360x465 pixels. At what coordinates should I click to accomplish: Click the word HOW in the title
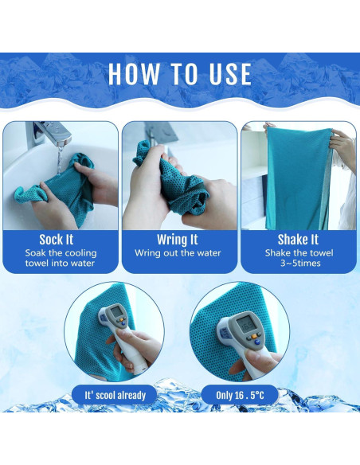click(x=134, y=74)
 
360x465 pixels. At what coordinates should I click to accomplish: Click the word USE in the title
click(x=230, y=74)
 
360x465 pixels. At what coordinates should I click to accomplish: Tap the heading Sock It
click(x=57, y=240)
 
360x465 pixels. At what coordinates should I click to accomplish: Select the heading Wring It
click(x=178, y=240)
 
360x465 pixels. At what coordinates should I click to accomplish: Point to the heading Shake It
click(x=298, y=240)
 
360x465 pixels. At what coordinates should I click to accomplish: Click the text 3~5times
click(x=300, y=263)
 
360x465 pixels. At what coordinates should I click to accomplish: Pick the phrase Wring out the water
click(x=178, y=253)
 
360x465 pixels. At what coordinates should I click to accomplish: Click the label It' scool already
click(x=115, y=395)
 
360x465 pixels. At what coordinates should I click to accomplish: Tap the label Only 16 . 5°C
click(x=240, y=395)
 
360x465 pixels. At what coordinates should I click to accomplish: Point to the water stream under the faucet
click(x=60, y=159)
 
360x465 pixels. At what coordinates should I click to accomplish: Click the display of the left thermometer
click(x=116, y=311)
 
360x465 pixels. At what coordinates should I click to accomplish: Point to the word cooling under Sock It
click(x=81, y=253)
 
